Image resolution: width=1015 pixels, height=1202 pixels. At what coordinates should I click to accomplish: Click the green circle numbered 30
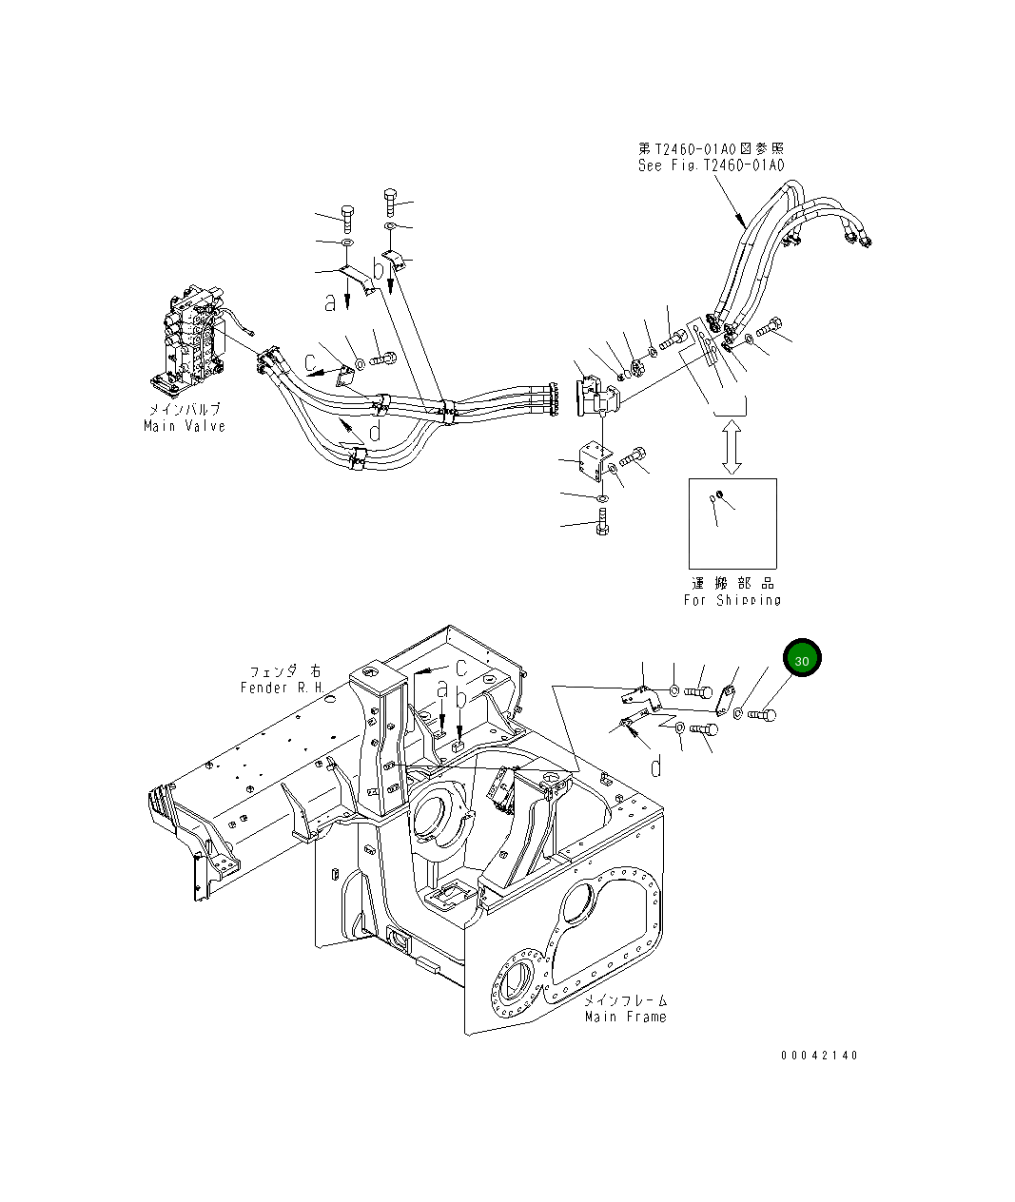(802, 659)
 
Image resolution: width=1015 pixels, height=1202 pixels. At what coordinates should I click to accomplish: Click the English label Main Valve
(185, 426)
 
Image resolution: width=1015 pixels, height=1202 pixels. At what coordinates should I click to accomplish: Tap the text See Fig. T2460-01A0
(710, 165)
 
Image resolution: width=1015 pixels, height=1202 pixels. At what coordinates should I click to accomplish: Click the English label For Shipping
(732, 600)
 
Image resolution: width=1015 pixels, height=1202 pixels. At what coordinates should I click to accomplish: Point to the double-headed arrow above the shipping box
(731, 449)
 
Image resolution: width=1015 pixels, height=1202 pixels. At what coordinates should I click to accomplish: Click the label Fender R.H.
(283, 687)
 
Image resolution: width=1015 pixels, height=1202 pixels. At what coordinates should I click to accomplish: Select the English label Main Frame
(625, 1017)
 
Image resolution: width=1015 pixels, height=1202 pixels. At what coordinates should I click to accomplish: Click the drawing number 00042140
(819, 1056)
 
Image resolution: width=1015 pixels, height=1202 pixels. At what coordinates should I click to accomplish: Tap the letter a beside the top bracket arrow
(330, 303)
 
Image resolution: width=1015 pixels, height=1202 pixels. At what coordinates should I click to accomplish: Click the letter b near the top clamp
(379, 270)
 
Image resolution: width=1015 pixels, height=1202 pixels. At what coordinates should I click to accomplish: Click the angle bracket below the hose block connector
(588, 464)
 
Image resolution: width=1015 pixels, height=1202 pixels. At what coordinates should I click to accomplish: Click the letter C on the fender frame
(459, 667)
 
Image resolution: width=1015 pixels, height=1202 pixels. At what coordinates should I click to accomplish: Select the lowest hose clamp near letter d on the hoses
(359, 462)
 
